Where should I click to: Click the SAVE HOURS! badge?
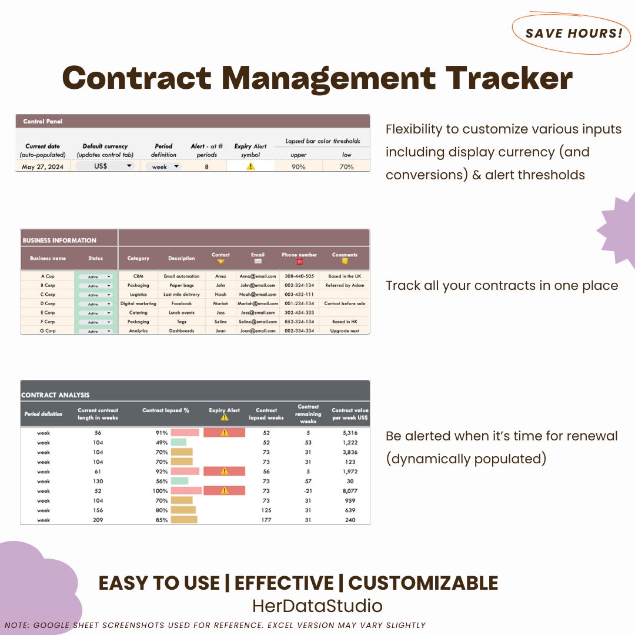click(573, 33)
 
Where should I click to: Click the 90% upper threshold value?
click(299, 166)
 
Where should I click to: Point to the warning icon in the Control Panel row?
click(251, 166)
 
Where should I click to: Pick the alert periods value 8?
click(206, 166)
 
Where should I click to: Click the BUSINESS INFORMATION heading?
click(59, 240)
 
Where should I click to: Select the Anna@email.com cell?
click(258, 276)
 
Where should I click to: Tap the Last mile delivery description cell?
click(182, 295)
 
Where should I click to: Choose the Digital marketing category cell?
click(138, 303)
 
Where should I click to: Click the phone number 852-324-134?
click(299, 322)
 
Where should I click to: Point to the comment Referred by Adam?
click(345, 285)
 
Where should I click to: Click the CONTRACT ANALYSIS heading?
click(55, 395)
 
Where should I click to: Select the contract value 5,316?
click(350, 433)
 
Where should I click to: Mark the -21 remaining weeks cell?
click(308, 491)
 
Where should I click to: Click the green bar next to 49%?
click(179, 442)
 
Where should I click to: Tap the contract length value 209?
click(98, 520)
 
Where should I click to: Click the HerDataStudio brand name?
click(317, 606)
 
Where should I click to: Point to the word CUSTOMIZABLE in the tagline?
click(423, 583)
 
